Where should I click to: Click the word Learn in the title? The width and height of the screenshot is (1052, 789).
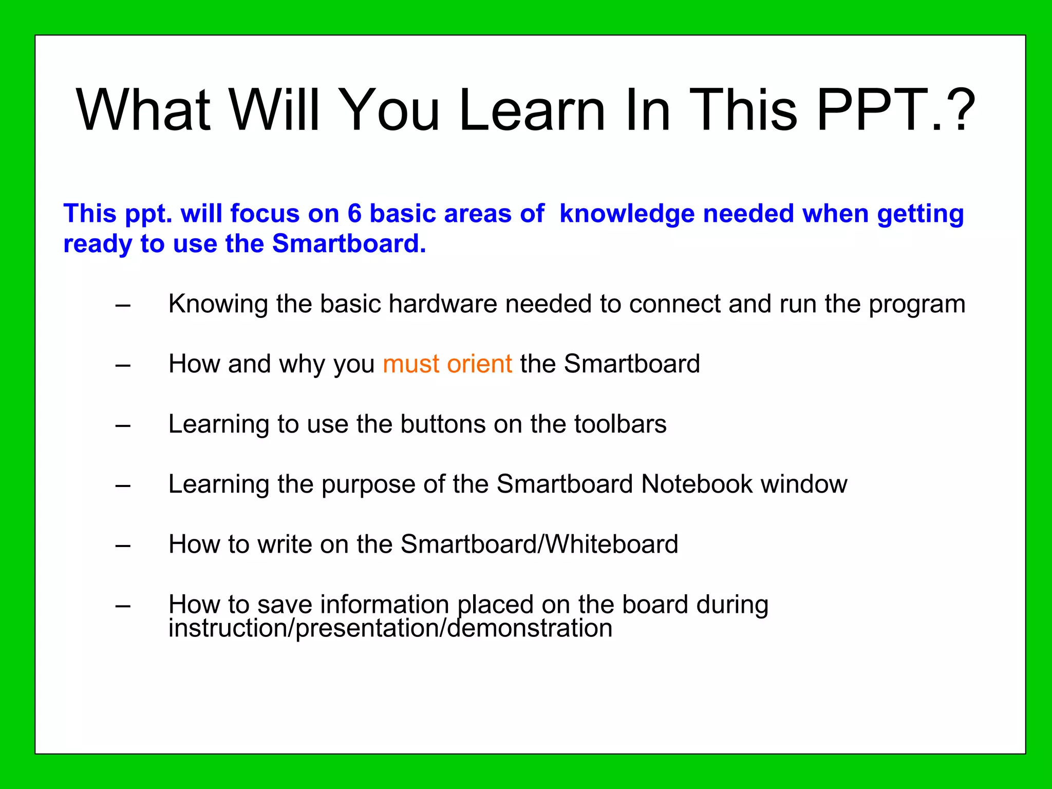(x=532, y=110)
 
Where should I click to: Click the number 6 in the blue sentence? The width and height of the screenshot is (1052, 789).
(x=354, y=213)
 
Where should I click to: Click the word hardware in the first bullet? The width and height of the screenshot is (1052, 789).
(x=443, y=304)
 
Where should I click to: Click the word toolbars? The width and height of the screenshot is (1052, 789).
(x=620, y=424)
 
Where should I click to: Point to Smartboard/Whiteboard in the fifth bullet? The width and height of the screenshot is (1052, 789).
(x=539, y=544)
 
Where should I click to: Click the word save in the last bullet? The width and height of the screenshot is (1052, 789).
(x=285, y=605)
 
